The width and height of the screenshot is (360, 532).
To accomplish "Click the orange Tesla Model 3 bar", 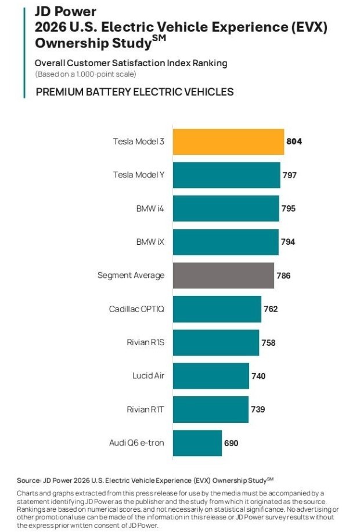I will pyautogui.click(x=228, y=142).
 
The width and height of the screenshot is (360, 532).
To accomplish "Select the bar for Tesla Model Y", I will pyautogui.click(x=226, y=175).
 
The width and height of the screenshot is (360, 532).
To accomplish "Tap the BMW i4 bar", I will pyautogui.click(x=226, y=208).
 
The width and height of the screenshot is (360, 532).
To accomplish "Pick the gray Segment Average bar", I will pyautogui.click(x=224, y=276).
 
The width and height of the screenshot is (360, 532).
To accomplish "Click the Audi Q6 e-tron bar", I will pyautogui.click(x=197, y=443).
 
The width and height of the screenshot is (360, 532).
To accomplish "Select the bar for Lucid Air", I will pyautogui.click(x=211, y=376).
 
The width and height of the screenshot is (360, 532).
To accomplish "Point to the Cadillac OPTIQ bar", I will pyautogui.click(x=217, y=309).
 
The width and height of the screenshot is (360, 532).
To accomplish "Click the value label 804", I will pyautogui.click(x=294, y=142).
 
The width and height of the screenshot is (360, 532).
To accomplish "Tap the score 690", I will pyautogui.click(x=231, y=443).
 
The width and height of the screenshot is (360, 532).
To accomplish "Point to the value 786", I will pyautogui.click(x=283, y=276).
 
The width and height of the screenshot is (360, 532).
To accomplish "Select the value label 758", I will pyautogui.click(x=268, y=342).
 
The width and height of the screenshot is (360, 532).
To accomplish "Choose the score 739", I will pyautogui.click(x=258, y=410).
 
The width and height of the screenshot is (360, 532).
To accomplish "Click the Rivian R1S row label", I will pyautogui.click(x=145, y=342).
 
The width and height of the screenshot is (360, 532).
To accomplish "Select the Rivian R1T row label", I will pyautogui.click(x=145, y=410).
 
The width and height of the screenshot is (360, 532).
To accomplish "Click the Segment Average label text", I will pyautogui.click(x=131, y=276).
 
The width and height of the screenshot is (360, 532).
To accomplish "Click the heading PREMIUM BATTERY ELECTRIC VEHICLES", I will pyautogui.click(x=135, y=92).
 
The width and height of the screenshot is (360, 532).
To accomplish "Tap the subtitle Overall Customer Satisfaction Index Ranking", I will pyautogui.click(x=131, y=63).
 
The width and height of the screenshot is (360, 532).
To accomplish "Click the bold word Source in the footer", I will pyautogui.click(x=28, y=480).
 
